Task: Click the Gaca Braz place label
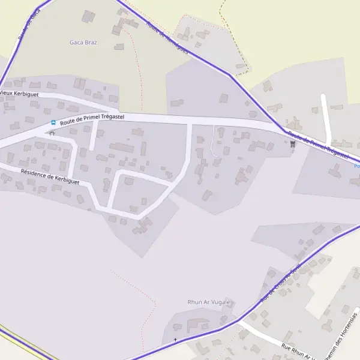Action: point(83,43)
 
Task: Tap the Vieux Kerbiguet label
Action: point(19,93)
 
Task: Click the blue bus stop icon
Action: point(53,123)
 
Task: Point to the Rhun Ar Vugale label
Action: point(209,303)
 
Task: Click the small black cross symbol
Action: point(175,340)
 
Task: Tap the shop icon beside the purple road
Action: point(292,143)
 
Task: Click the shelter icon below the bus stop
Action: point(52,133)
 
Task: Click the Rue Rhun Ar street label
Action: point(297,352)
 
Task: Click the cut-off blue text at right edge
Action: point(357,166)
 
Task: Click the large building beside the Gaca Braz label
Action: point(88,16)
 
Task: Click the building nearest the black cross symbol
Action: point(176,327)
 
